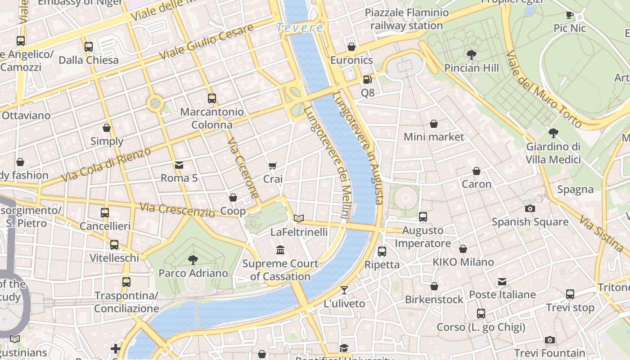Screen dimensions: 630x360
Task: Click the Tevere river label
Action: point(300,27)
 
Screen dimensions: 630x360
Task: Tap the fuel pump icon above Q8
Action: point(368,80)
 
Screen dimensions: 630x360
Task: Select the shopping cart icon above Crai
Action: point(273,166)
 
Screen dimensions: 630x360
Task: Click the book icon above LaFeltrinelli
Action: point(299,219)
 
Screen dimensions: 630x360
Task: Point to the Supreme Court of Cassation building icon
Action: point(280,250)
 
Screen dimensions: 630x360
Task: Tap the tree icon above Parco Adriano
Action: point(193,260)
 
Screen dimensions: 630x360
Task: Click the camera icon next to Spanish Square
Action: point(530,208)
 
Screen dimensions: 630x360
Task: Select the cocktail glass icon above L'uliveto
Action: point(344,290)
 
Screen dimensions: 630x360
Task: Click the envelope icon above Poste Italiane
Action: point(502,282)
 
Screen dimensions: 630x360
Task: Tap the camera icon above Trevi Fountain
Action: point(549,340)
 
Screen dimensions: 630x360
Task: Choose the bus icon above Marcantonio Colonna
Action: point(212,98)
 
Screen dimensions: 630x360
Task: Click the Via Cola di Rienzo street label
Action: point(106,164)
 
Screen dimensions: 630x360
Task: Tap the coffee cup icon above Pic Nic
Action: point(570,15)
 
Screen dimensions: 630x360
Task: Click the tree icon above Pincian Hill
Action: point(472,55)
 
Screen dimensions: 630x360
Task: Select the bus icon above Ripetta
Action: point(382,251)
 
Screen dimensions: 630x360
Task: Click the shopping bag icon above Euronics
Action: point(351,47)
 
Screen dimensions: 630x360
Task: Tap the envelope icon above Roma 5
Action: point(179,165)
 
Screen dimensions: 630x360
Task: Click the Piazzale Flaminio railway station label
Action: point(407,19)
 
